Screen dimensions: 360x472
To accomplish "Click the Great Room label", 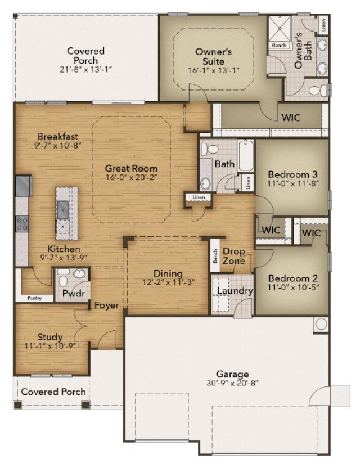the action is [131, 168].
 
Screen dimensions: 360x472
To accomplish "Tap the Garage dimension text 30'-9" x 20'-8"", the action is [232, 383].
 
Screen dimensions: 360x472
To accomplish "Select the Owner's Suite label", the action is [213, 56].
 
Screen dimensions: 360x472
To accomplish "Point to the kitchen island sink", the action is [62, 209].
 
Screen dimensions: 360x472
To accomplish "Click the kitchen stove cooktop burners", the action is [22, 224].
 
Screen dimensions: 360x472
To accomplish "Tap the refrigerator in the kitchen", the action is [23, 186].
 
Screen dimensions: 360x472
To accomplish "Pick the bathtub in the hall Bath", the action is [246, 156].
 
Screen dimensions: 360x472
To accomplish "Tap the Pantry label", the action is [34, 298].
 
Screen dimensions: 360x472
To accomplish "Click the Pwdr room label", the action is [74, 293].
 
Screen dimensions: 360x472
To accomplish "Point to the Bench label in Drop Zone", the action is [215, 255].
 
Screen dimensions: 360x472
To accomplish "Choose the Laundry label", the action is [235, 291].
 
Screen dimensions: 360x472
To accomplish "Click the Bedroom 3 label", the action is [292, 174].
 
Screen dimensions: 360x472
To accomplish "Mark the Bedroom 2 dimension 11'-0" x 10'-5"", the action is [293, 287].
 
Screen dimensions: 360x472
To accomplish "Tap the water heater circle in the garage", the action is [321, 324].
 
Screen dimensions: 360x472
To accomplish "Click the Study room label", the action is [50, 337].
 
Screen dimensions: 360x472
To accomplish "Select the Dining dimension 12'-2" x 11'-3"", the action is [169, 282].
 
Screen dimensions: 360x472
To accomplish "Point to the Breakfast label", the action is [58, 137].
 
